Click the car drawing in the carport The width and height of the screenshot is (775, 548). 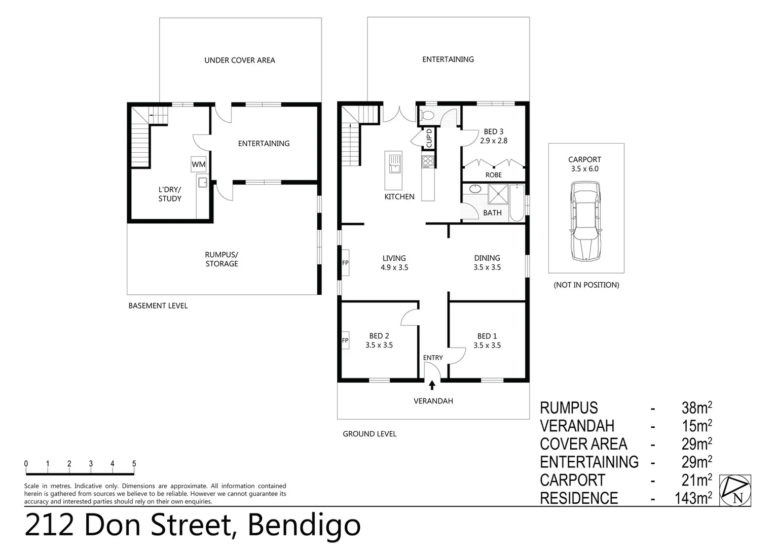585,222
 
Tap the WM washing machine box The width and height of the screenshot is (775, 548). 198,164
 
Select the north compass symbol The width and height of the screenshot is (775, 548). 735,491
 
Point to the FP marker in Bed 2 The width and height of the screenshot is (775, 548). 345,340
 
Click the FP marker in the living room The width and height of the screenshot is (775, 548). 345,263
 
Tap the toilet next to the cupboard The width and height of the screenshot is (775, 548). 427,116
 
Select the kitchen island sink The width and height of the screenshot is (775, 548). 395,163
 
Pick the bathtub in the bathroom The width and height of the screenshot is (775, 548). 516,202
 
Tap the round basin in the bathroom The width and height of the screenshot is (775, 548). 475,190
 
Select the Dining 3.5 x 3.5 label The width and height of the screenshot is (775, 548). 487,262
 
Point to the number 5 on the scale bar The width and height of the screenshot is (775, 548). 134,464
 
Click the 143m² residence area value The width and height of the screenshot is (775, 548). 693,498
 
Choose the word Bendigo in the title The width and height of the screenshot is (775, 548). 304,525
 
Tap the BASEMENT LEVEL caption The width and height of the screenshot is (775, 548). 158,305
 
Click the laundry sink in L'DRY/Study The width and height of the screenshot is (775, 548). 202,183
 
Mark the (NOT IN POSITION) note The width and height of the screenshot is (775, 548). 586,285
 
